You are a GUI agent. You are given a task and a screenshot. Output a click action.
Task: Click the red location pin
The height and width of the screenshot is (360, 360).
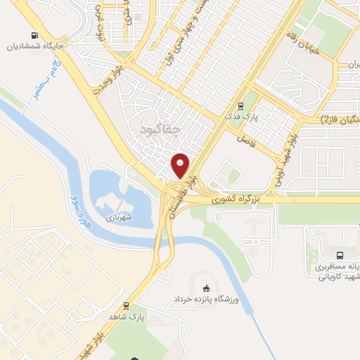(181, 165)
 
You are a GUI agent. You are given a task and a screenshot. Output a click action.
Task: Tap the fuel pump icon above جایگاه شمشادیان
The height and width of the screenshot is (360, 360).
(33, 36)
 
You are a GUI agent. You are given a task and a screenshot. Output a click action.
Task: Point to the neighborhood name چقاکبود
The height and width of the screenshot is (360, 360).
(160, 130)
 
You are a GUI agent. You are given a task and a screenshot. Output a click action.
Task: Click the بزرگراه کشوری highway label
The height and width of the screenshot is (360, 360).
(236, 200)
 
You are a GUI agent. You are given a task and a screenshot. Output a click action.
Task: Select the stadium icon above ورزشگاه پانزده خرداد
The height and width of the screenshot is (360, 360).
(205, 288)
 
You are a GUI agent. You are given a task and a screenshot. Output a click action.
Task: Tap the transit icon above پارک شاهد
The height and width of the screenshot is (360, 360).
(126, 306)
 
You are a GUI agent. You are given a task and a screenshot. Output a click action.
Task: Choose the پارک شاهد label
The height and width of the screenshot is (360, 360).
(127, 317)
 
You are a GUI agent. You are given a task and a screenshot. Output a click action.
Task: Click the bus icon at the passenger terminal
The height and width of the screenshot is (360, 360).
(340, 256)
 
